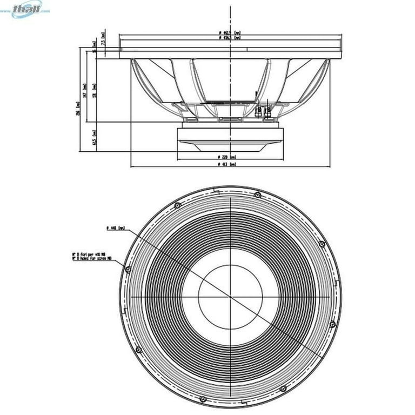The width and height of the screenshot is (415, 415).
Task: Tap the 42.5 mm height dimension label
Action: point(94,137)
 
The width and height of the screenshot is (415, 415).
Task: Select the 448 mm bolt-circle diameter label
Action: point(116,229)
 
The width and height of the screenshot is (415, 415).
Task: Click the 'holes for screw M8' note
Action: point(92,258)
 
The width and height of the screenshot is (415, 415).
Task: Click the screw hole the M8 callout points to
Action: point(128,269)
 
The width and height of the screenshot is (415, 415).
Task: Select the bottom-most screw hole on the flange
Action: point(203,399)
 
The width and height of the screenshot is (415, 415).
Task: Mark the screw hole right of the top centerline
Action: point(257,195)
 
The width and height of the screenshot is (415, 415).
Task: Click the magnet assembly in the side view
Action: point(230,137)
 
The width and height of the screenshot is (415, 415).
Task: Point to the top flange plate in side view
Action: point(230,54)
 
